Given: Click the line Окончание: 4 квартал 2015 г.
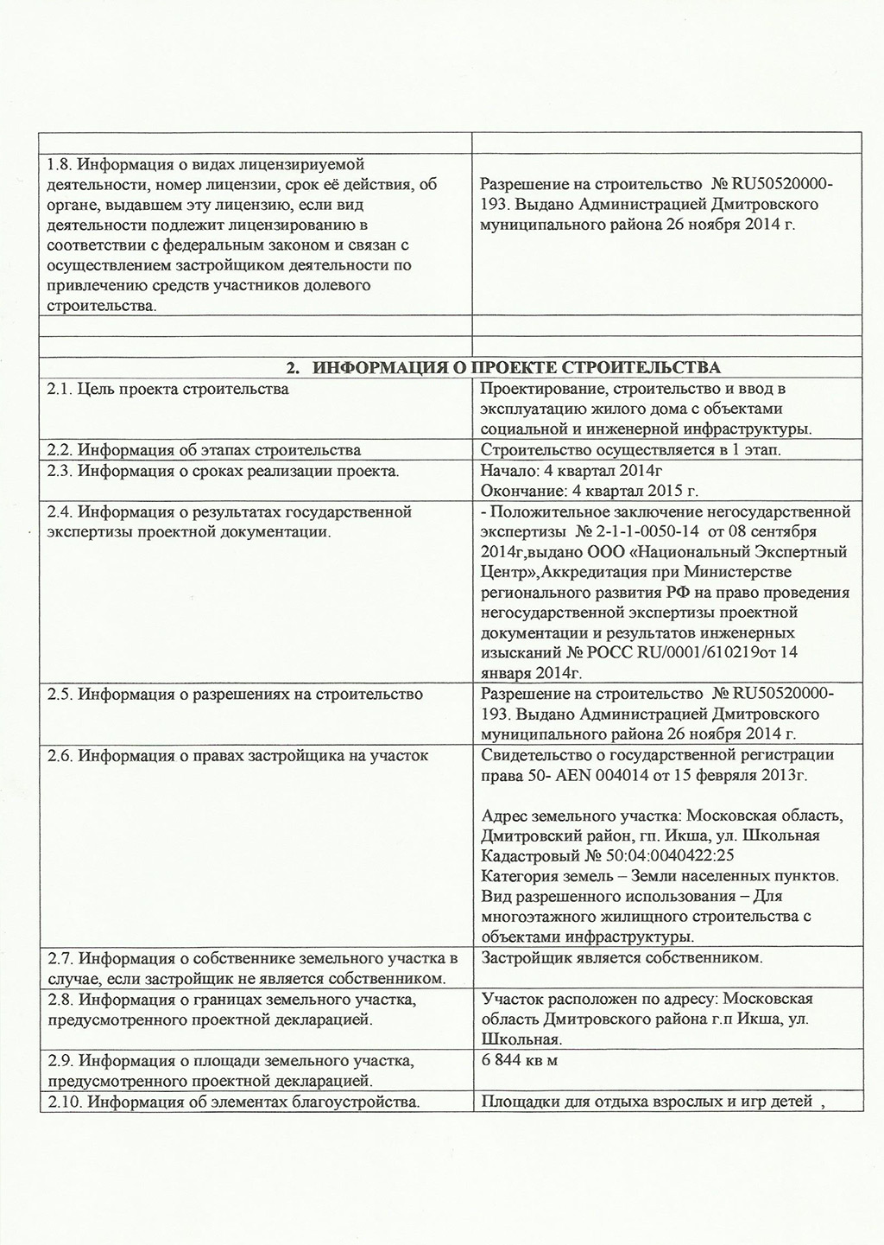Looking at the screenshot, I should coord(589,492).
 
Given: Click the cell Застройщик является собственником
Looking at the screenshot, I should coord(621,958).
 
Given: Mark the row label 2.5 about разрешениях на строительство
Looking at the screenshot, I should coord(236,695).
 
